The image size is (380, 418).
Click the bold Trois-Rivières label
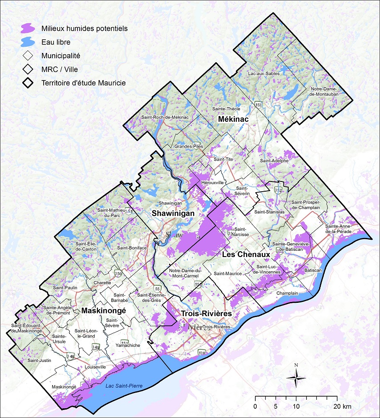tap(206, 314)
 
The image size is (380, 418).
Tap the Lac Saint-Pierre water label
tap(124, 386)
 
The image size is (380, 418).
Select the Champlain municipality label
tap(287, 294)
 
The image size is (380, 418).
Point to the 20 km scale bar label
tap(343, 406)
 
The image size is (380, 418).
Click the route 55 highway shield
tap(158, 287)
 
